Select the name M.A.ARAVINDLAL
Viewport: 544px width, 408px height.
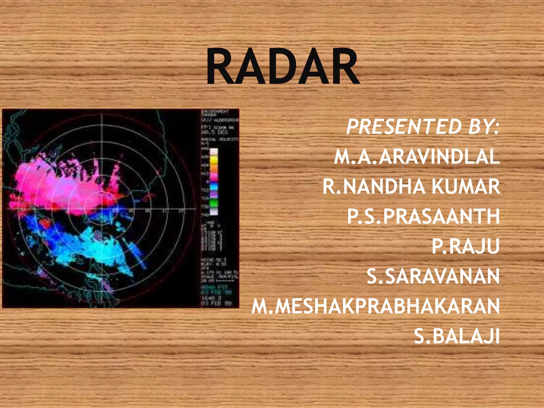pos(417,157)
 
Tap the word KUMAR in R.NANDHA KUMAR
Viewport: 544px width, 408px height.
pos(465,186)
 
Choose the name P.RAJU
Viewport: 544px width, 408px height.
pos(465,246)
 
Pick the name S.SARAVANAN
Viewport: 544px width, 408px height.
pos(433,276)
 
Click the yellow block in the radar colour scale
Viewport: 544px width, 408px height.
pos(214,160)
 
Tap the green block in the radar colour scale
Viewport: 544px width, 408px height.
pos(214,203)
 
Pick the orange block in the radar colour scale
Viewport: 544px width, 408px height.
pos(214,168)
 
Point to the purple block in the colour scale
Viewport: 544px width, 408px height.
pos(214,195)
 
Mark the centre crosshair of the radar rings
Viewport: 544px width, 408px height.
pos(102,209)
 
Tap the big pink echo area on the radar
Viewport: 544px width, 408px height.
pos(53,186)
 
